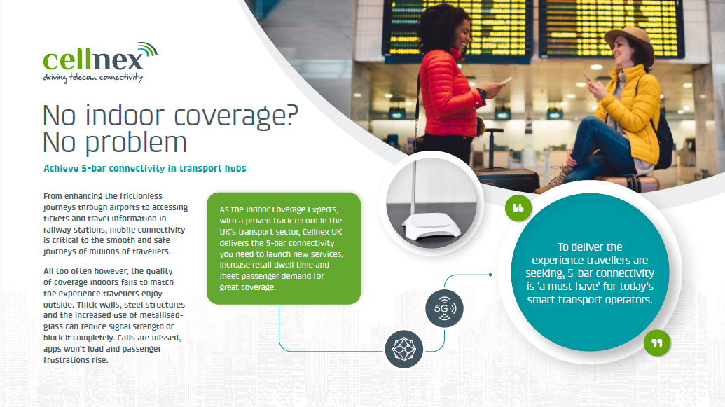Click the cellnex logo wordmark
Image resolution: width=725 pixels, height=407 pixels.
(94, 60)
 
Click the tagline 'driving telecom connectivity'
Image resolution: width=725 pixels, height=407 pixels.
(93, 77)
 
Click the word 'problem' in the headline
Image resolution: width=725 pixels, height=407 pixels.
(136, 143)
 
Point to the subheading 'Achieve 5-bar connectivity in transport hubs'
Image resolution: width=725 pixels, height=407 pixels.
(145, 168)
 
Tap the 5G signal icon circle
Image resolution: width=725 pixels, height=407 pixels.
(444, 308)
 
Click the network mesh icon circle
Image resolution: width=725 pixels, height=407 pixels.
(404, 349)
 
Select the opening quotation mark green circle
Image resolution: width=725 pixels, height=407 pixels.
(518, 207)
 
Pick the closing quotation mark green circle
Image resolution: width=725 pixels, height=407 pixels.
(657, 343)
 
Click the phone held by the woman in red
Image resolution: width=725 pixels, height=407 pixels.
(506, 81)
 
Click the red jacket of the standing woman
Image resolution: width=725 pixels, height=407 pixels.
(448, 92)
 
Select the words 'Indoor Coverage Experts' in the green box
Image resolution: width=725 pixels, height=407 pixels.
(291, 209)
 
